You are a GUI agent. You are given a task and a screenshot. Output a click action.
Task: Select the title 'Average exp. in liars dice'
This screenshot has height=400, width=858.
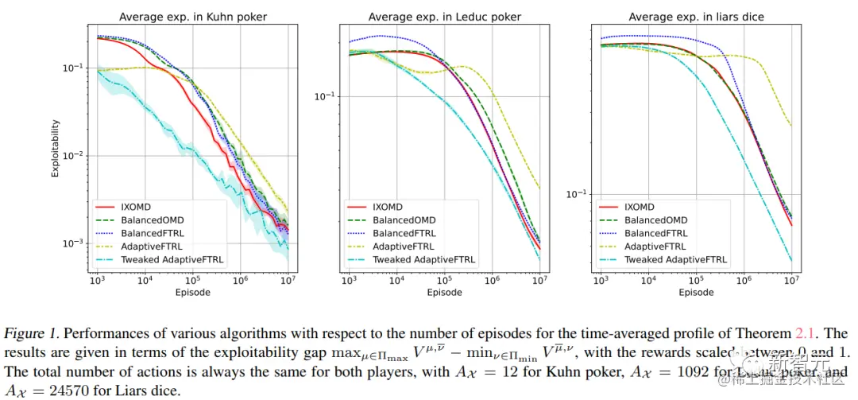pos(697,17)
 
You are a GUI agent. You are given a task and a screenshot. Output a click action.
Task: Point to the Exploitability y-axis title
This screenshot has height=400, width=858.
pos(56,149)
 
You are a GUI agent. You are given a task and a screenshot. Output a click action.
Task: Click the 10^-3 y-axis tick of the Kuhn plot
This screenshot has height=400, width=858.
pos(74,243)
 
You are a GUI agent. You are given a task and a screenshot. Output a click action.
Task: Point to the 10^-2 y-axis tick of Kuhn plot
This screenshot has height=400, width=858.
pos(74,156)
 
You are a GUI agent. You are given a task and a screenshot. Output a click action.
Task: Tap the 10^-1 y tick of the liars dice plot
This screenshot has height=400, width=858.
pos(577,194)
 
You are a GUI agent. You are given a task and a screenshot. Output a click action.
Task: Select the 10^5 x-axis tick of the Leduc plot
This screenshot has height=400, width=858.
pos(444,281)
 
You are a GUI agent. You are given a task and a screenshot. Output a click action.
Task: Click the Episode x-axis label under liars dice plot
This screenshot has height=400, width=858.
pos(696,293)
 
